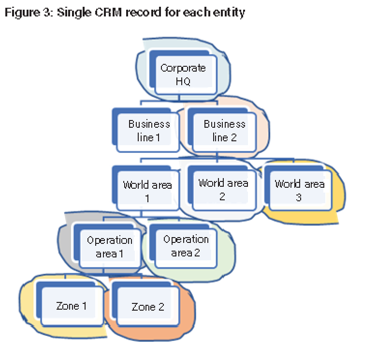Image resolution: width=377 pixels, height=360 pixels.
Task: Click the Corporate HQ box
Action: (183, 75)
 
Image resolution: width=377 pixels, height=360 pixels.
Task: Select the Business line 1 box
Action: (149, 131)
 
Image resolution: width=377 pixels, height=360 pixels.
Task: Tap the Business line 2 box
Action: (224, 131)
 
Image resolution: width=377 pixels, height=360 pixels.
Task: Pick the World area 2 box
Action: (223, 189)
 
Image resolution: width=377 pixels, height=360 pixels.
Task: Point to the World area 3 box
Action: (300, 190)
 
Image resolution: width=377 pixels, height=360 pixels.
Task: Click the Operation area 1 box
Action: (110, 246)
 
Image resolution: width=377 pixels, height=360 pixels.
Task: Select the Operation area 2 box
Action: (186, 245)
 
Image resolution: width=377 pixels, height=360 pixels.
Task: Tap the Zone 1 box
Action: (72, 306)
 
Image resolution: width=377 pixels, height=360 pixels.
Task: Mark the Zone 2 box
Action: (148, 307)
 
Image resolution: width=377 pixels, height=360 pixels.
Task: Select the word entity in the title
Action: (230, 13)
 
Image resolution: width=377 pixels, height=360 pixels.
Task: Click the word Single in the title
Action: (72, 13)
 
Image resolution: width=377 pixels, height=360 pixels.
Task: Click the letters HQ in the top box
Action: (183, 81)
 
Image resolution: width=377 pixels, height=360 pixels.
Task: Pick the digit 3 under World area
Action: (300, 197)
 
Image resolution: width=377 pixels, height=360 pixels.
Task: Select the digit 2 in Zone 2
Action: (161, 307)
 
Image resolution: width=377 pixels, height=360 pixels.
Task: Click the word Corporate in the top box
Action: (183, 68)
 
